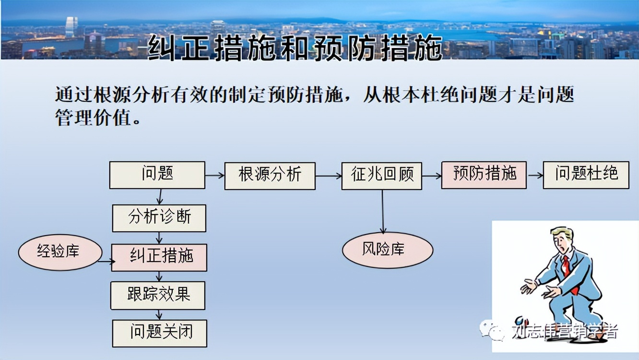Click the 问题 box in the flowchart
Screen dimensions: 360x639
pos(157,175)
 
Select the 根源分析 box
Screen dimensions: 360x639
pos(270,176)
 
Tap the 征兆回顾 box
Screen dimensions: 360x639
pos(382,176)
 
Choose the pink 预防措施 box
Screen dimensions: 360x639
pos(484,175)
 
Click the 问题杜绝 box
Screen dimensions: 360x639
pos(586,175)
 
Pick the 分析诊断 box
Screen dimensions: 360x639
pos(159,218)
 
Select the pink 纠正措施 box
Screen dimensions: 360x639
pos(159,257)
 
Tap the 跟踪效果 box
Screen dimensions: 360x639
pos(158,295)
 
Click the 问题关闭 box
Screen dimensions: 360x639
pos(160,333)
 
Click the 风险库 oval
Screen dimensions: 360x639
pos(387,250)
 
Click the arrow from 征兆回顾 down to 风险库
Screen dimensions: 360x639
pos(383,211)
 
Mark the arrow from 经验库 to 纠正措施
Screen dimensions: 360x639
pos(106,262)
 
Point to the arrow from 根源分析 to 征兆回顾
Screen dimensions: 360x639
pos(329,176)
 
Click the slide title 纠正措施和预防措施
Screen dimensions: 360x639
pos(295,48)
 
